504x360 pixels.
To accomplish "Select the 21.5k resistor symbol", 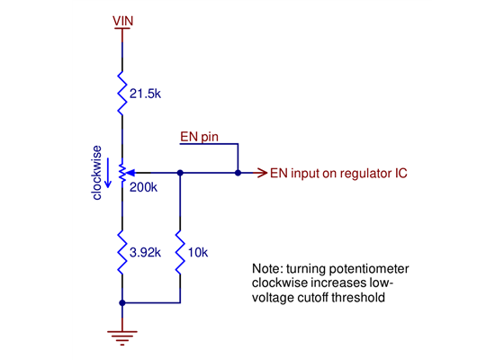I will point(122,94).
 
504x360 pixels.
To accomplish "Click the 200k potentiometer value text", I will point(144,190).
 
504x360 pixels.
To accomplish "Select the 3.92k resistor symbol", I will point(122,251).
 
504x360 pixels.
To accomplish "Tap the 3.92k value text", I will point(145,253).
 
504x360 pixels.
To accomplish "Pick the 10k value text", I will point(198,253).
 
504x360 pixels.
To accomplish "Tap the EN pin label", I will point(200,137).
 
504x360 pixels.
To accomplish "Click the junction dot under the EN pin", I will point(238,171).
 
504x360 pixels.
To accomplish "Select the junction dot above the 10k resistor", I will point(181,171).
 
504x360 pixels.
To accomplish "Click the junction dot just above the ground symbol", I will point(122,302).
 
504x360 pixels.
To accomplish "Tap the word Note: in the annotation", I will point(267,269).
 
